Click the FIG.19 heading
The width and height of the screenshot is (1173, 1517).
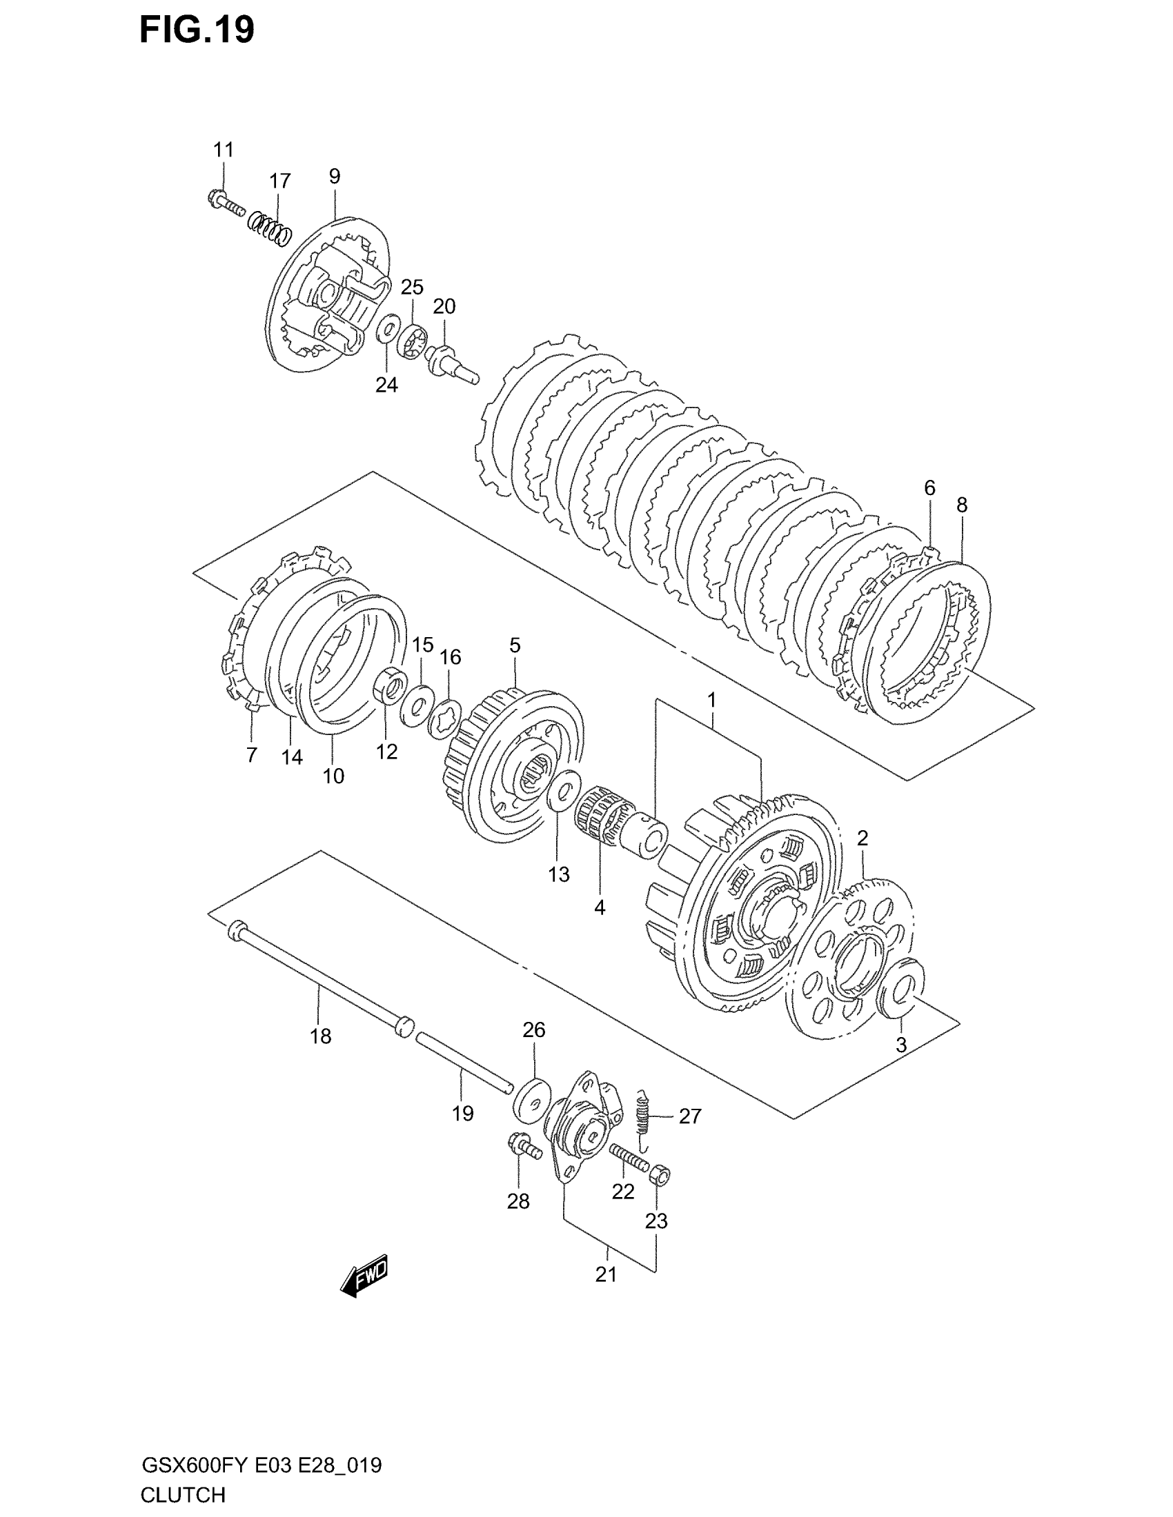(x=197, y=30)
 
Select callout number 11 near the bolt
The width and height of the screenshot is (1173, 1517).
(x=223, y=150)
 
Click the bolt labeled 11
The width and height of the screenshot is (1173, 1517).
(x=225, y=203)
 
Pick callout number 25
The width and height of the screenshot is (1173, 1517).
(x=412, y=287)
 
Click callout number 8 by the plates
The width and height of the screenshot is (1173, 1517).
(x=961, y=505)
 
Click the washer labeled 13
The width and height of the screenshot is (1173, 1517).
(x=564, y=789)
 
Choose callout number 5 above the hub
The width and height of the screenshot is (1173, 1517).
(x=514, y=645)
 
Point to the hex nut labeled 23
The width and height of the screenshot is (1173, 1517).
(x=661, y=1176)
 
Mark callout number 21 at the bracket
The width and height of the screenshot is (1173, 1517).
(x=606, y=1274)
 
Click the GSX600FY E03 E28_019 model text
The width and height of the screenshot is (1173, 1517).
(x=262, y=1465)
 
